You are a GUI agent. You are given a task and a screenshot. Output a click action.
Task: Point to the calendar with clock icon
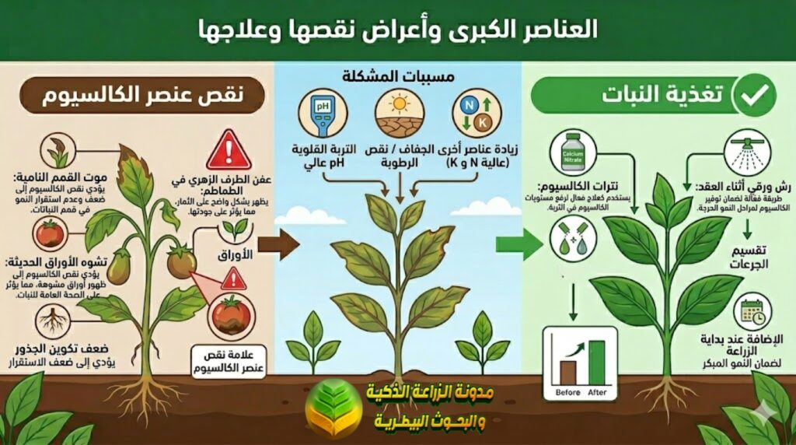point(751,310)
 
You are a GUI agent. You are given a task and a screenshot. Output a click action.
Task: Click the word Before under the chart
point(567,393)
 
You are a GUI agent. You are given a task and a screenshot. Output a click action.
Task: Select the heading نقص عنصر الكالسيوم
point(143,96)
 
